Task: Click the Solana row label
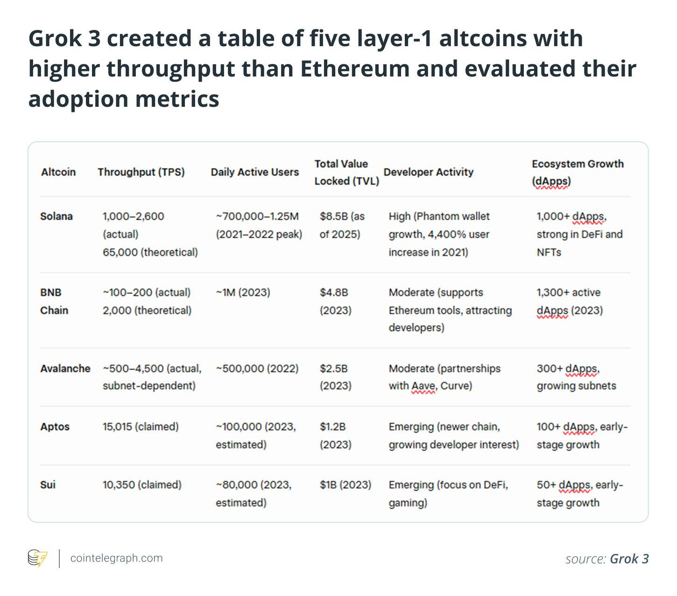[56, 216]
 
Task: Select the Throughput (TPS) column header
[141, 172]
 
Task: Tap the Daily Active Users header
[254, 172]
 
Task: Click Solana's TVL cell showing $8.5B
[342, 225]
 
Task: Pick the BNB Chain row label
[54, 301]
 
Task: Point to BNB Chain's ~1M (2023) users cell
[243, 292]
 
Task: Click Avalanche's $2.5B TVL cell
[335, 377]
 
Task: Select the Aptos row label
[55, 427]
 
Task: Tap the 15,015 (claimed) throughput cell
[141, 427]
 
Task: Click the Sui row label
[48, 485]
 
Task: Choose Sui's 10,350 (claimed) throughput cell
[142, 485]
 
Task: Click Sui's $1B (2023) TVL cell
[345, 485]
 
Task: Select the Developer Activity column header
[428, 172]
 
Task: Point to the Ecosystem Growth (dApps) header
[577, 172]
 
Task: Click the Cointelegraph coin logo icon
[37, 558]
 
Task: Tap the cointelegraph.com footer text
[116, 558]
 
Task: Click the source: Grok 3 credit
[606, 559]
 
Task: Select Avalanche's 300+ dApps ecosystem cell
[576, 377]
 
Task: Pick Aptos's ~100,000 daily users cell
[255, 436]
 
